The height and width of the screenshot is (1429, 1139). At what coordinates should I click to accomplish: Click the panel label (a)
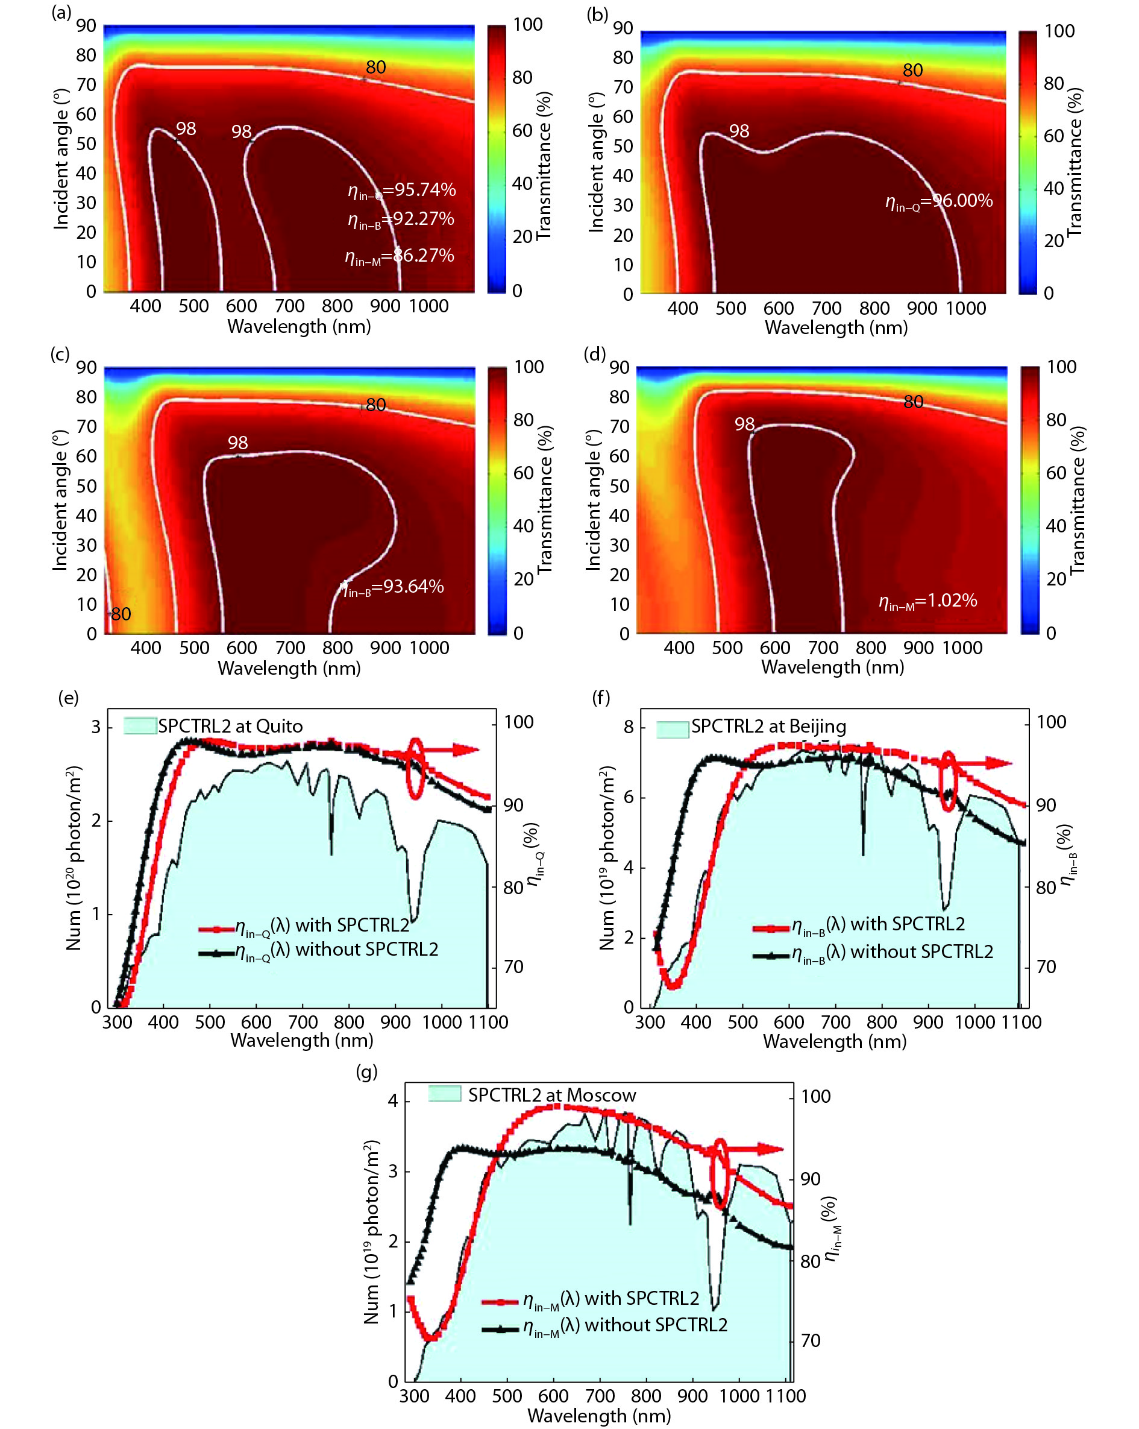tap(61, 13)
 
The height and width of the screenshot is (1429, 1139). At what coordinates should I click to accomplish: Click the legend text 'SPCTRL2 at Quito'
tap(230, 727)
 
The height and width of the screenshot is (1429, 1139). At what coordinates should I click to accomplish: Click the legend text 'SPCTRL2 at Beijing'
tap(768, 727)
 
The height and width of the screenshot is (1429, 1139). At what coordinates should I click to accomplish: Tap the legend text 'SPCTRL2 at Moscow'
tap(552, 1095)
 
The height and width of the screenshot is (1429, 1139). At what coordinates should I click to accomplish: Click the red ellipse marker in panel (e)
tap(415, 768)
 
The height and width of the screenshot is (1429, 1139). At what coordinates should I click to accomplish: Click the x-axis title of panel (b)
tap(836, 328)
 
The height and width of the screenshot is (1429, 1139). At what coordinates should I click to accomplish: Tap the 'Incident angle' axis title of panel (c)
tap(60, 500)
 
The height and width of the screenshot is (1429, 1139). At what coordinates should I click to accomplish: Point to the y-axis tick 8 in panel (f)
tap(628, 727)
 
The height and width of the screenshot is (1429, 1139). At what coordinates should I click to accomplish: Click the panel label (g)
tap(366, 1072)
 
